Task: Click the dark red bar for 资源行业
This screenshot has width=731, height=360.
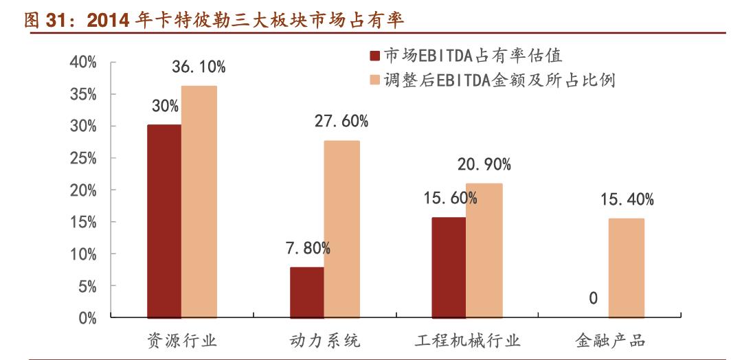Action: [164, 221]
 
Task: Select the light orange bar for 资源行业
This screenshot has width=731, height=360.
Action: [199, 202]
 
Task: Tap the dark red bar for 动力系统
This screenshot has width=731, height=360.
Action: [307, 292]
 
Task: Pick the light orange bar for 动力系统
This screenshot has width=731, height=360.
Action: [341, 229]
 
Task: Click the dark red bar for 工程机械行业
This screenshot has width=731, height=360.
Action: [449, 267]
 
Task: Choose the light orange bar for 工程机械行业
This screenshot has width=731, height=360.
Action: [484, 250]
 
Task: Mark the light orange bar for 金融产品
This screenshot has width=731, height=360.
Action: [626, 268]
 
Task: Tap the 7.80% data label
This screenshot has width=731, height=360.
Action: [308, 249]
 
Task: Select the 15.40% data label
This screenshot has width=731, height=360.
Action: [627, 200]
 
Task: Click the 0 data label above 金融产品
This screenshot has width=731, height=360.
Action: [592, 299]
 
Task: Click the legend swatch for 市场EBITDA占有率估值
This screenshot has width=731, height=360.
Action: [374, 56]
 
